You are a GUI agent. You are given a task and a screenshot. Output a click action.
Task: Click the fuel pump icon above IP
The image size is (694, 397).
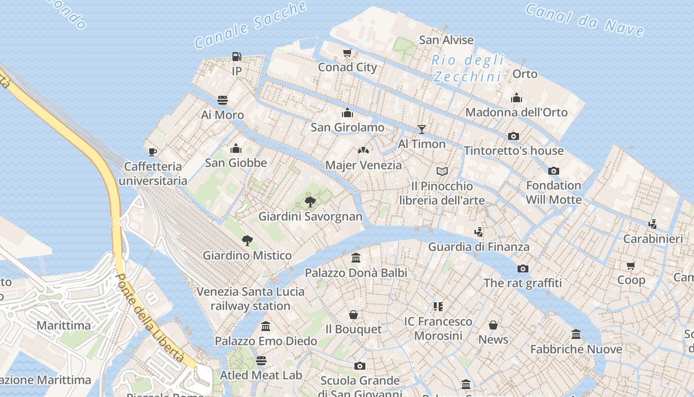point(237,57)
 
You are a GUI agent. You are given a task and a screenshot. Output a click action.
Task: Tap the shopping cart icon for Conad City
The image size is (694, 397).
point(347,53)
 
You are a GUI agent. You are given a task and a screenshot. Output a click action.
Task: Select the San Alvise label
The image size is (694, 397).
point(446,40)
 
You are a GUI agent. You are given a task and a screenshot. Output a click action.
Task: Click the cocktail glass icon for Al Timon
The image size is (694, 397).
point(422,130)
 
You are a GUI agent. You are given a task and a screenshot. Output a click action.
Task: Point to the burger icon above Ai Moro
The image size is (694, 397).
point(223,100)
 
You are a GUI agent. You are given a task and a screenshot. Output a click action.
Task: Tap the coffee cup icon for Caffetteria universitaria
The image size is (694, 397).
point(153,151)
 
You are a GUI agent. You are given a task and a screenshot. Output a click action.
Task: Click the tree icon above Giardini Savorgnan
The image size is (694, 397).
point(310,202)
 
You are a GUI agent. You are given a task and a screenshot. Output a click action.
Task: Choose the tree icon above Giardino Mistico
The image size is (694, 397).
point(247,241)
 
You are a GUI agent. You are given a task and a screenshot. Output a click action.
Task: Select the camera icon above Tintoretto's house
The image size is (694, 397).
point(514,136)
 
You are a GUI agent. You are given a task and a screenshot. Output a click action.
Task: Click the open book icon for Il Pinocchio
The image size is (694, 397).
point(442,171)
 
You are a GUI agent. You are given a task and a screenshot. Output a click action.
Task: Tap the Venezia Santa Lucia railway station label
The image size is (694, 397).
point(250,298)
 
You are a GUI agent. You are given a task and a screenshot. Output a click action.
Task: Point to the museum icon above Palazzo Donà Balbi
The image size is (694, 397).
point(356,258)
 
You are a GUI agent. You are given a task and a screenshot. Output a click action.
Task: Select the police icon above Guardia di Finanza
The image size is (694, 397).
point(478,232)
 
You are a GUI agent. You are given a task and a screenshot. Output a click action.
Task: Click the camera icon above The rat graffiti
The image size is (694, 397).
point(522,268)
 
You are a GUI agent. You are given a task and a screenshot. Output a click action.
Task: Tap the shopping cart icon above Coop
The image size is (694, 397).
point(631,265)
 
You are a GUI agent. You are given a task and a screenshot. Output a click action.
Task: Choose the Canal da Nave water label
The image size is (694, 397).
point(585,20)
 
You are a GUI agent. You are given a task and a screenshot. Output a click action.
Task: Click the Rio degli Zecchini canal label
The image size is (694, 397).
point(468,68)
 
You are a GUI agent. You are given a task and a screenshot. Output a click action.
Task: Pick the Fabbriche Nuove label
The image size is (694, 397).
point(576,349)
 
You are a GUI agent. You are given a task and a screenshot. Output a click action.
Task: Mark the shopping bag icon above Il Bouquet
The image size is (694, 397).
point(353,314)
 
